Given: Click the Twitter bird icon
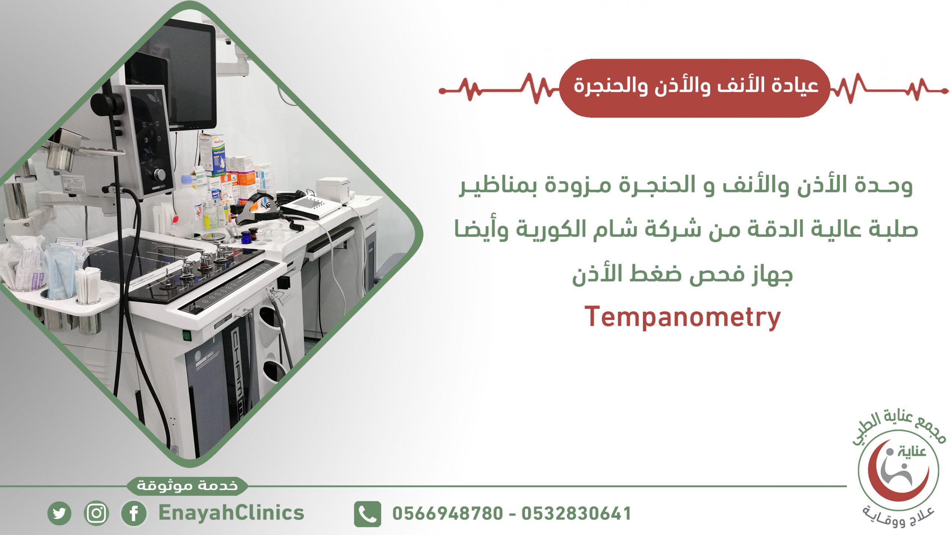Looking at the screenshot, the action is [59, 513].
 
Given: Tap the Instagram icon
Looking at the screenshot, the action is [97, 513].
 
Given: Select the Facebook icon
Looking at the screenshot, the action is [134, 513].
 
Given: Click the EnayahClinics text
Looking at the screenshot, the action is [231, 513].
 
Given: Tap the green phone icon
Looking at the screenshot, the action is [367, 514].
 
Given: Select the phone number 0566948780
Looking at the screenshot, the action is [448, 513].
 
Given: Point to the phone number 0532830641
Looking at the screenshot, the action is [576, 513].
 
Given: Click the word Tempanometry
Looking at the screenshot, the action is [682, 318].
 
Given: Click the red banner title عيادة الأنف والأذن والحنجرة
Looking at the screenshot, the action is [696, 86].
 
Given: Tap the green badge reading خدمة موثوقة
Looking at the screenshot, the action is [187, 486].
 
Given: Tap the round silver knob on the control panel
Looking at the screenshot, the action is [160, 174].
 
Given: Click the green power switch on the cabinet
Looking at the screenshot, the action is [186, 336].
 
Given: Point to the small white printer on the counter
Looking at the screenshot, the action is [333, 190].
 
